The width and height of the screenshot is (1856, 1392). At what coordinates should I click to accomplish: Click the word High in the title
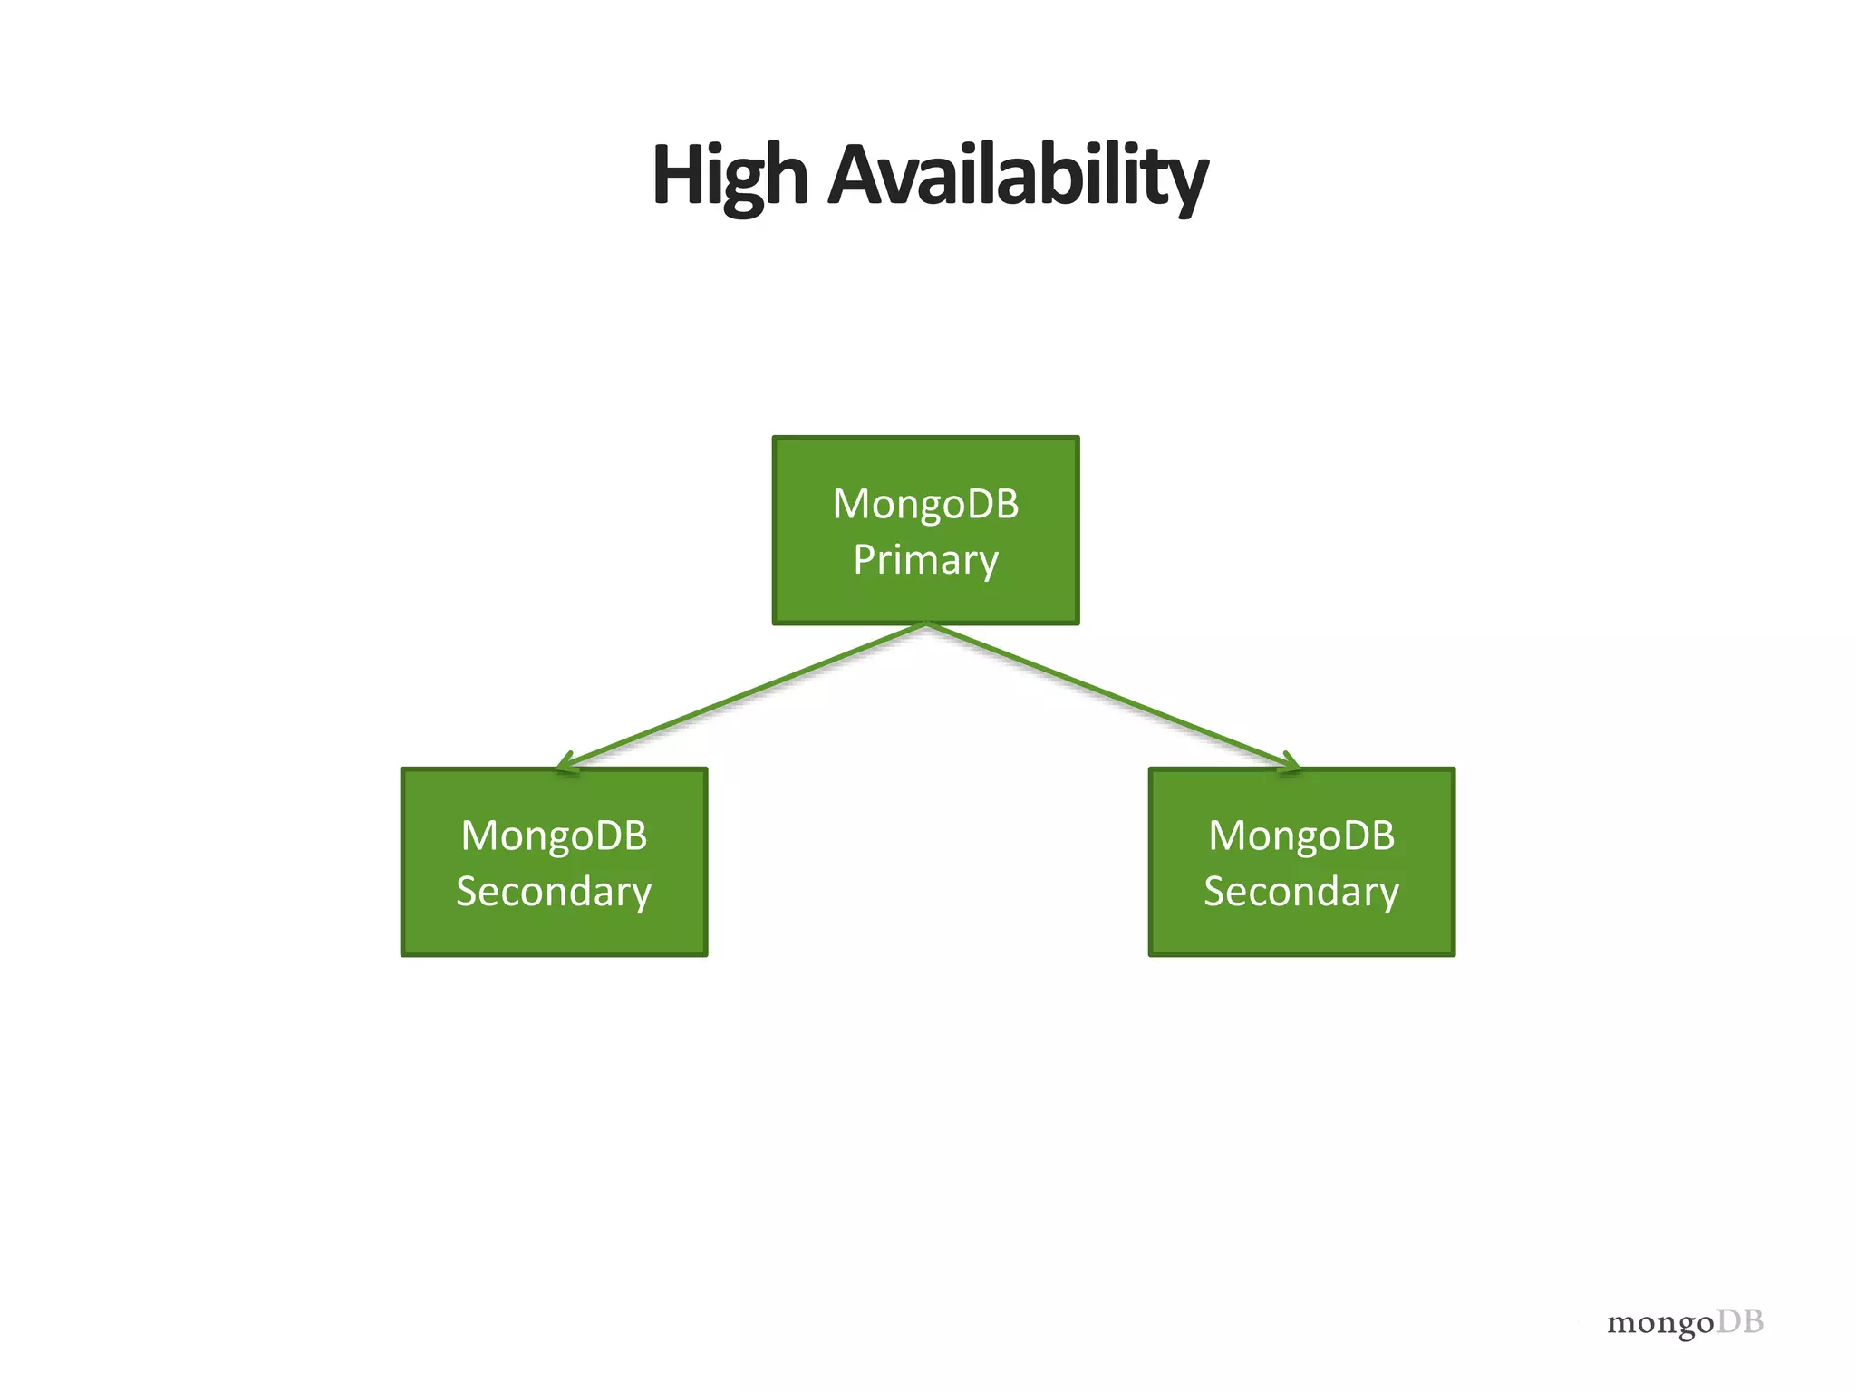coord(730,177)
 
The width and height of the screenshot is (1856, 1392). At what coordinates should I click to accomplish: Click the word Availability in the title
coord(1018,177)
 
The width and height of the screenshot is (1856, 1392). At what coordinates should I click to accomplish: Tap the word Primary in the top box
coord(925,560)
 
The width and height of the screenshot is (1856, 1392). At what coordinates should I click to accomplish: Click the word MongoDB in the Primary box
coord(925,504)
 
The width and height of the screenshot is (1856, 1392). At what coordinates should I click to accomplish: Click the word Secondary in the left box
coord(554,892)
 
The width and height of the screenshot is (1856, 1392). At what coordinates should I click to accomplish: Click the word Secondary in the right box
coord(1301,892)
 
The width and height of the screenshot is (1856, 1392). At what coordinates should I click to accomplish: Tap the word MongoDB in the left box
coord(554,836)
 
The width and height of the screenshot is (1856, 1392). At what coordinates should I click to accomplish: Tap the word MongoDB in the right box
coord(1301,836)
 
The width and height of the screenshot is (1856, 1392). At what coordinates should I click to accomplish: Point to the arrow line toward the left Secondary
coord(743,696)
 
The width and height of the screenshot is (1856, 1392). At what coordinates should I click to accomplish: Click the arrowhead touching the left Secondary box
coord(566,763)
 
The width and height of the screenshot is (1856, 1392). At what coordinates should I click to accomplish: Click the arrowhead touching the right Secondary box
coord(1290,763)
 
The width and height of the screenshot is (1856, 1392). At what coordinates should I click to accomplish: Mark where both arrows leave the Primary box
coord(925,624)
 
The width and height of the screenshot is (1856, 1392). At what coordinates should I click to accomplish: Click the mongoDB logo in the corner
coord(1685,1323)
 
